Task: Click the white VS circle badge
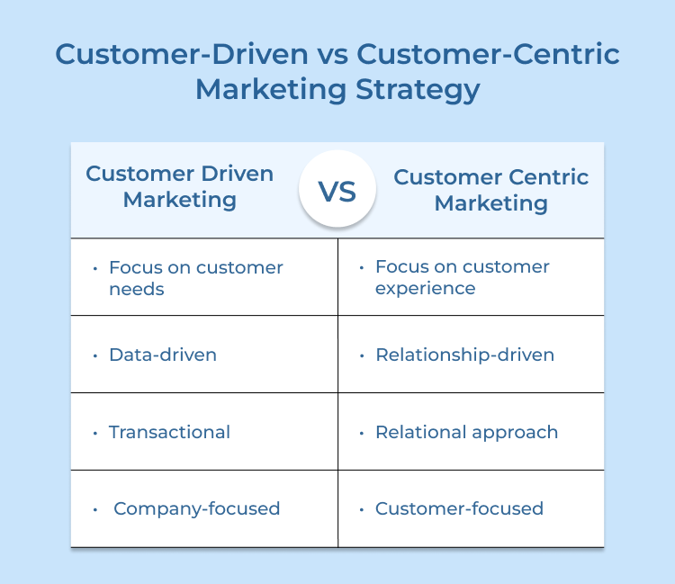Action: pyautogui.click(x=337, y=189)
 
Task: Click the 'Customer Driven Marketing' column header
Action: pyautogui.click(x=179, y=186)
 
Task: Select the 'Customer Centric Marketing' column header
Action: pyautogui.click(x=490, y=190)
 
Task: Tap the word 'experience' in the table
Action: pyautogui.click(x=425, y=289)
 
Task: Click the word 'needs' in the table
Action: pyautogui.click(x=137, y=289)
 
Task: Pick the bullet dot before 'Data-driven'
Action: pyautogui.click(x=94, y=355)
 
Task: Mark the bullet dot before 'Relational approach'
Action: pyautogui.click(x=361, y=433)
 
